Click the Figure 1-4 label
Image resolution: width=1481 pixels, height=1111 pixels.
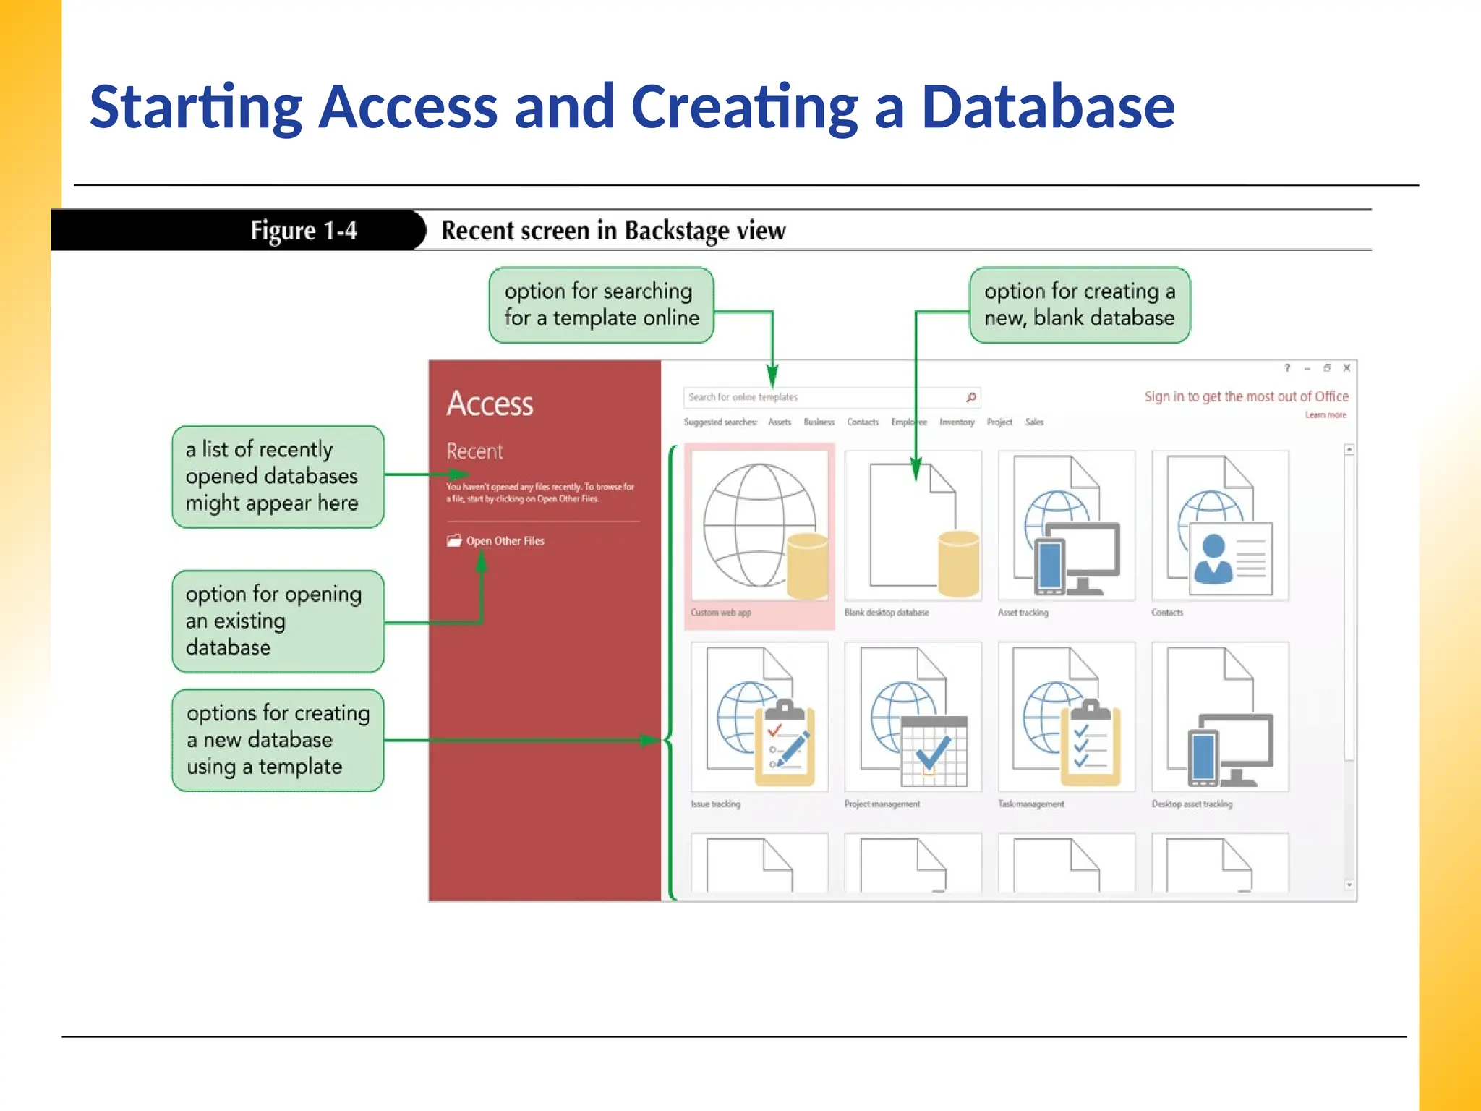point(304,231)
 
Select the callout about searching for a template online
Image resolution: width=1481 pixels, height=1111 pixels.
point(601,305)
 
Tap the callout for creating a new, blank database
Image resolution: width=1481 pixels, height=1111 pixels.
point(1079,305)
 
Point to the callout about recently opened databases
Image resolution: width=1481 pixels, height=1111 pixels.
point(278,477)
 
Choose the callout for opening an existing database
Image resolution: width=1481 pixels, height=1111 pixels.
point(278,621)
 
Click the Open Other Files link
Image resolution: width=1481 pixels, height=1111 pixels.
point(504,541)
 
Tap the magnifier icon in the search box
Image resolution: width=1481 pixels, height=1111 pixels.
point(971,397)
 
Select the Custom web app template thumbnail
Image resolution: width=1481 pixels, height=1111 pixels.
point(759,526)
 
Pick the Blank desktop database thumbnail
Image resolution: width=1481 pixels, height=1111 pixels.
point(913,526)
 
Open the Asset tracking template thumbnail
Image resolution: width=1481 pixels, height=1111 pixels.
point(1067,526)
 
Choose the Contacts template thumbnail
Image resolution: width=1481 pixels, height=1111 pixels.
point(1220,526)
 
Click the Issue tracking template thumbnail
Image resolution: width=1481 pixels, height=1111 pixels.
point(759,717)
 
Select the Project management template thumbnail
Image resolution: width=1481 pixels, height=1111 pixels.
point(913,717)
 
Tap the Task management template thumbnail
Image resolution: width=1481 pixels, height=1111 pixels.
point(1067,717)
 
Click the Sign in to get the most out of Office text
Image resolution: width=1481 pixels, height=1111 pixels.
point(1246,396)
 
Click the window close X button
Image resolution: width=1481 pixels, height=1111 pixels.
point(1346,368)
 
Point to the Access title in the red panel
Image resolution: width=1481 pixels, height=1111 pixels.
point(490,404)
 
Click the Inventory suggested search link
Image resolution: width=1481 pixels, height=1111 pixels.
point(956,422)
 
